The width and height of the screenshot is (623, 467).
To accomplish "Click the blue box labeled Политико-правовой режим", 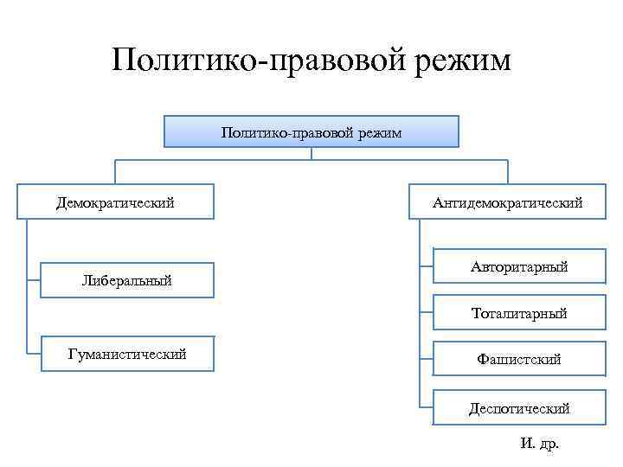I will point(311,131).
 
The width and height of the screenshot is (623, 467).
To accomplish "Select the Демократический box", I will point(115,202).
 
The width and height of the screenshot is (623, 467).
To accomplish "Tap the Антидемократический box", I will point(508,202).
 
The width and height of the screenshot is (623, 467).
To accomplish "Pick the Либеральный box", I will point(126,280).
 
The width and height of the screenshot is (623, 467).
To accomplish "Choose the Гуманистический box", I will point(126,354).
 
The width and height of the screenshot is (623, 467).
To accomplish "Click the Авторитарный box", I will point(519,267).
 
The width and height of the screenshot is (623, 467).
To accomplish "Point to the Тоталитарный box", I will point(519,312).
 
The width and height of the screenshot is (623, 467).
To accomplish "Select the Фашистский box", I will point(519,358).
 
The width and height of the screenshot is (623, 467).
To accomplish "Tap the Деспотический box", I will point(519,406).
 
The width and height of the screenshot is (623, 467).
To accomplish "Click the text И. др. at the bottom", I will point(540,444).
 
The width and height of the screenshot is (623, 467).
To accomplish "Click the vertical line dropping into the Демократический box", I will point(116,171).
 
